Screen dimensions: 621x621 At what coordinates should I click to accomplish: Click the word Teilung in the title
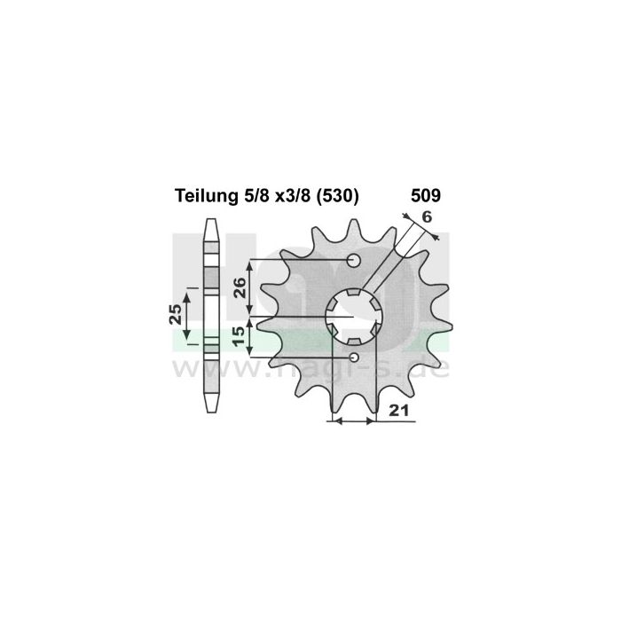(x=205, y=196)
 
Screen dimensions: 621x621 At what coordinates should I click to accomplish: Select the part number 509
(x=426, y=196)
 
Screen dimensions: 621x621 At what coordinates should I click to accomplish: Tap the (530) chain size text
(x=337, y=196)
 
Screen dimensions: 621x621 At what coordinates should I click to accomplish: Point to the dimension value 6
(x=427, y=217)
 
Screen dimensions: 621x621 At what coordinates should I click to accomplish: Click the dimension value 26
(x=240, y=287)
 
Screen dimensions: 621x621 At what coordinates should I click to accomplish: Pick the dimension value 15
(x=240, y=336)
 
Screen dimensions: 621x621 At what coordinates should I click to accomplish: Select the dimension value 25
(x=176, y=314)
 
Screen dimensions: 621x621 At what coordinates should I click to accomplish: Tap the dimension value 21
(x=398, y=411)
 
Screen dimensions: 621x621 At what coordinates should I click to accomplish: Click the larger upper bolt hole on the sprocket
(x=354, y=260)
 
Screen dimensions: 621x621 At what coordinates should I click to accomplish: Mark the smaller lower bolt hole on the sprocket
(x=354, y=358)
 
